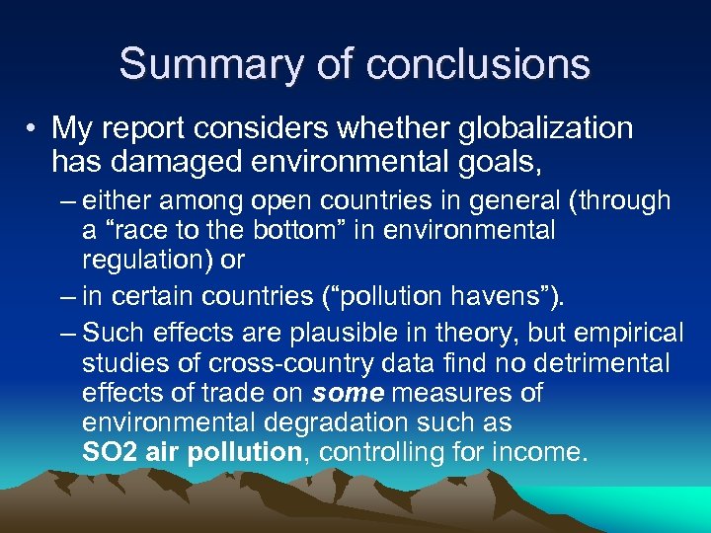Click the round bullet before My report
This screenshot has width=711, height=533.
coord(33,129)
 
